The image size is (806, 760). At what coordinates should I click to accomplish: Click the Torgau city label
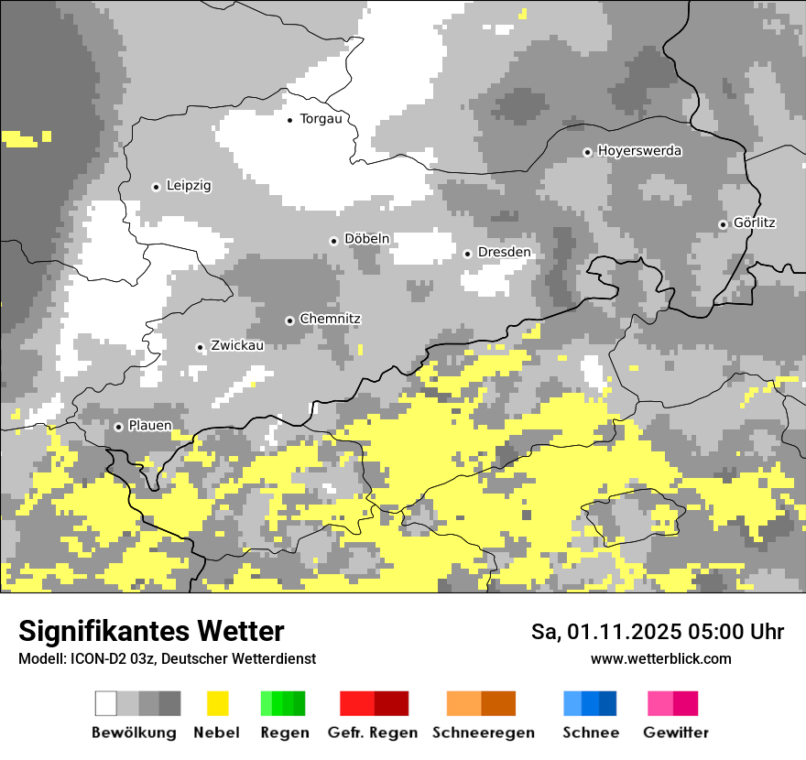[327, 119]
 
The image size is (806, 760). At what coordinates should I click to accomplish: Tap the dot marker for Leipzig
[156, 187]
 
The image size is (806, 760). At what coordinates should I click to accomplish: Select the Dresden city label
[504, 253]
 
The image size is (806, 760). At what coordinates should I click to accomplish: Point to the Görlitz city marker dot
[723, 224]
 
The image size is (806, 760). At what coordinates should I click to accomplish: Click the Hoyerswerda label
[639, 151]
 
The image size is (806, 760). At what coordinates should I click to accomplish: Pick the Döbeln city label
[366, 239]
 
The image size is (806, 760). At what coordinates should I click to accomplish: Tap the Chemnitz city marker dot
[289, 320]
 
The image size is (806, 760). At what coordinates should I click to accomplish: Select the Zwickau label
[237, 346]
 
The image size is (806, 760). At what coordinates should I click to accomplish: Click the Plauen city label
[149, 426]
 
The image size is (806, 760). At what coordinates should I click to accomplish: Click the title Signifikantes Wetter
[151, 631]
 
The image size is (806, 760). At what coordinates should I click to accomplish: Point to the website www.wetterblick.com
[660, 658]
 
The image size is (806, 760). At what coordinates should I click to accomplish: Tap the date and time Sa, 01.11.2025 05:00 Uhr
[658, 632]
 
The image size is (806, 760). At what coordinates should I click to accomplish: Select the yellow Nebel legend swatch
[217, 703]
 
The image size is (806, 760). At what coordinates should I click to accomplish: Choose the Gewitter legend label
[675, 733]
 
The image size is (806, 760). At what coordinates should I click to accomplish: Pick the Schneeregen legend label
[484, 733]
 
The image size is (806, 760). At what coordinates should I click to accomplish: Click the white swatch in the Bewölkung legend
[106, 703]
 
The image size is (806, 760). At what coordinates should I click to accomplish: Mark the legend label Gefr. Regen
[372, 733]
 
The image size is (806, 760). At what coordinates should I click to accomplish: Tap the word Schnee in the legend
[591, 733]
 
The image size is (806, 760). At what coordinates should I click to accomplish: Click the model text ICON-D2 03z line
[167, 658]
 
